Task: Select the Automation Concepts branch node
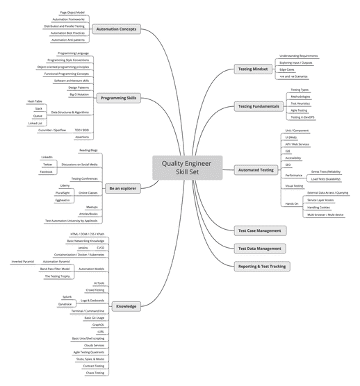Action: pyautogui.click(x=116, y=30)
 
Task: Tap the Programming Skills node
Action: pyautogui.click(x=119, y=98)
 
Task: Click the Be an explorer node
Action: pyautogui.click(x=122, y=188)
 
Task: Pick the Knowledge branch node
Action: pyautogui.click(x=126, y=306)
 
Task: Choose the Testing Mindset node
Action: pyautogui.click(x=254, y=69)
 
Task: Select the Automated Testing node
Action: pyautogui.click(x=256, y=169)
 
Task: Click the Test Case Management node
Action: pyautogui.click(x=259, y=230)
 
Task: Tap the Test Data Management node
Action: pyautogui.click(x=260, y=248)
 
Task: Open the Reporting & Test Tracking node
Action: pyautogui.click(x=262, y=265)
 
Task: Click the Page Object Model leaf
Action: pyautogui.click(x=74, y=12)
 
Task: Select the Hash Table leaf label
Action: pyautogui.click(x=35, y=101)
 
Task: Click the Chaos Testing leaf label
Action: pyautogui.click(x=95, y=373)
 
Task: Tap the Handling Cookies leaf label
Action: pyautogui.click(x=319, y=208)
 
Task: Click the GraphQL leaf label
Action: pyautogui.click(x=98, y=324)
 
